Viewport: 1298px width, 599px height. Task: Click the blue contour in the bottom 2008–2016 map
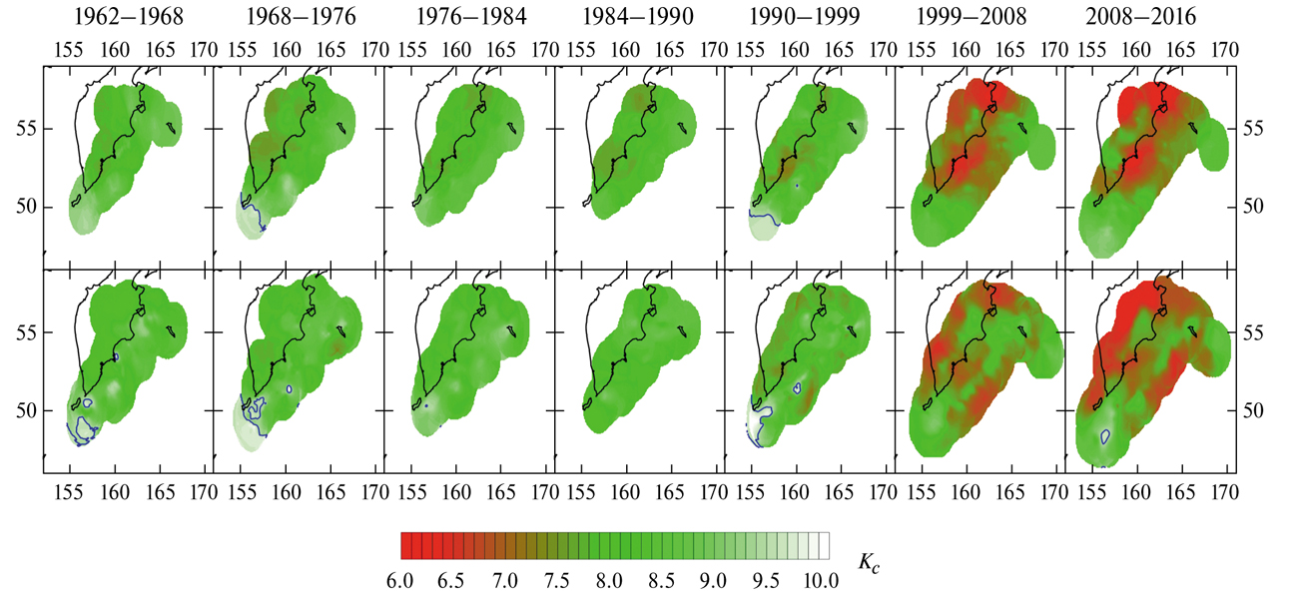pos(1105,435)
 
